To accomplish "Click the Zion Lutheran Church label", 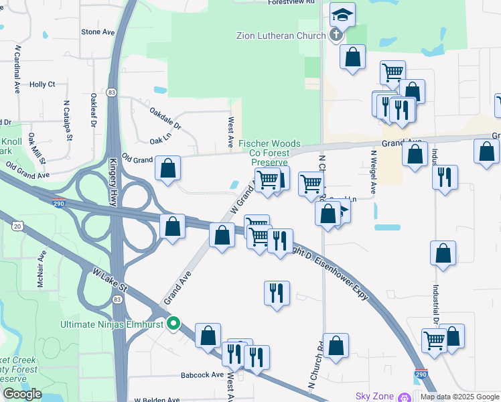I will point(281,36).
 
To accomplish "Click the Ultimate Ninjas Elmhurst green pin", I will point(174,324).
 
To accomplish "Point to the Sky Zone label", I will point(372,397).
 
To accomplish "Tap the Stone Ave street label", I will point(98,31).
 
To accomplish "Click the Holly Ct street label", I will point(42,84).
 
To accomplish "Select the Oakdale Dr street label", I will point(165,118).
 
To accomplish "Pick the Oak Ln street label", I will point(161,140).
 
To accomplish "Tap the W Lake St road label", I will point(110,286).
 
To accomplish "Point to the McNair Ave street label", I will point(41,265).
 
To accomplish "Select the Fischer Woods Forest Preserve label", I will point(270,153).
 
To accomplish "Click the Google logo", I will point(22,394).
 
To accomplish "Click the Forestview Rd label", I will point(291,3).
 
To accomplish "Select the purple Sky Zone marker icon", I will point(404,397).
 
